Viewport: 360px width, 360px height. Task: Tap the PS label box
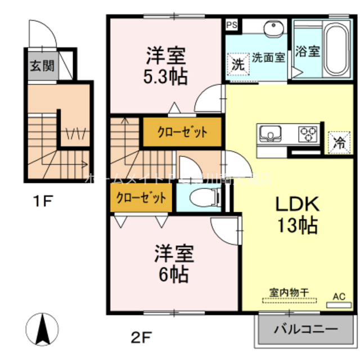[231, 25]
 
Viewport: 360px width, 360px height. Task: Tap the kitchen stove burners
[307, 133]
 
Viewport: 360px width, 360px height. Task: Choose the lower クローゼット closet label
[141, 198]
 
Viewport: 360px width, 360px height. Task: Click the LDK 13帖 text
[296, 214]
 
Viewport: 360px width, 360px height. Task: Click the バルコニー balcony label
[305, 328]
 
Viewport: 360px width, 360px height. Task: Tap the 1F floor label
[41, 200]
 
